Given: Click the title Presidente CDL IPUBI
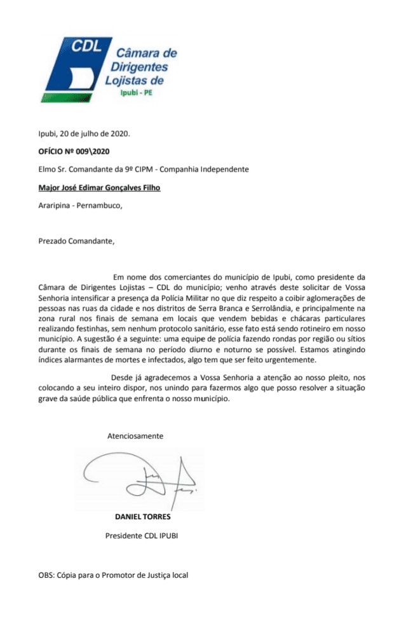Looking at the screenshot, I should pos(142,536).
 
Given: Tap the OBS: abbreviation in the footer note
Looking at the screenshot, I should pos(46,575).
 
